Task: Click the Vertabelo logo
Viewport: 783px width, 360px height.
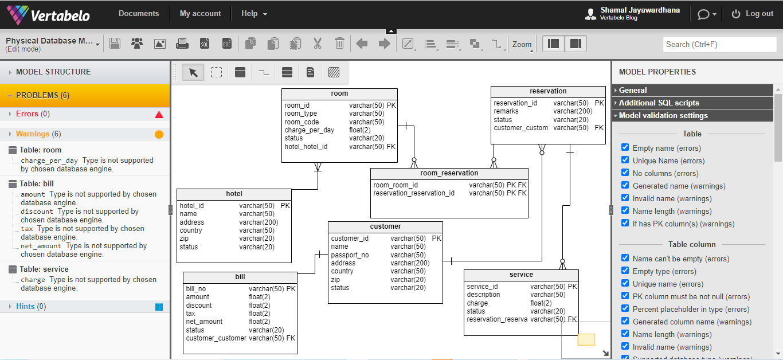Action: (x=48, y=15)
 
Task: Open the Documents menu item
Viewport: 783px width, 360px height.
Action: (x=138, y=14)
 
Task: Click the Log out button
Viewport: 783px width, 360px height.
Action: (x=752, y=14)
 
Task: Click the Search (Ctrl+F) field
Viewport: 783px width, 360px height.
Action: (x=719, y=44)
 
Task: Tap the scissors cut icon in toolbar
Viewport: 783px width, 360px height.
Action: (x=318, y=44)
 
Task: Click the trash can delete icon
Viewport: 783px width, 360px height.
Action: (x=339, y=44)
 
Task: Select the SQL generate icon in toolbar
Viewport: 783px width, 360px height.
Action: (x=205, y=44)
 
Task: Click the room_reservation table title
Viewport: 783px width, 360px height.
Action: (x=449, y=173)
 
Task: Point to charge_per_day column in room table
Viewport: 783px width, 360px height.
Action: (x=310, y=130)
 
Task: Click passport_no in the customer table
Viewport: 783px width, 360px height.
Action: (x=350, y=255)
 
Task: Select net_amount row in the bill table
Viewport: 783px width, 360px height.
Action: (x=204, y=322)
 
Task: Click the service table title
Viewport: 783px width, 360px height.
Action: (x=521, y=275)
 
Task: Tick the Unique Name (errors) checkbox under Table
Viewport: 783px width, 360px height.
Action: (x=625, y=160)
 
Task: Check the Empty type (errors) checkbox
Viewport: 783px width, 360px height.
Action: (x=625, y=271)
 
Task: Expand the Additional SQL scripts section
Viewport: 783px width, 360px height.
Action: (x=659, y=103)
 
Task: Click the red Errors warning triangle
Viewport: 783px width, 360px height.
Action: (x=159, y=114)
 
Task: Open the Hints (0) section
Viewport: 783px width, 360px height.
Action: (x=31, y=307)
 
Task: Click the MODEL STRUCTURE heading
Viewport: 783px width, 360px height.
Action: (x=53, y=72)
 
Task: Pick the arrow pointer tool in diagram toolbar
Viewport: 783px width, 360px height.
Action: (x=193, y=72)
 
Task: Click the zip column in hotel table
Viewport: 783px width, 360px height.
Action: (x=184, y=238)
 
